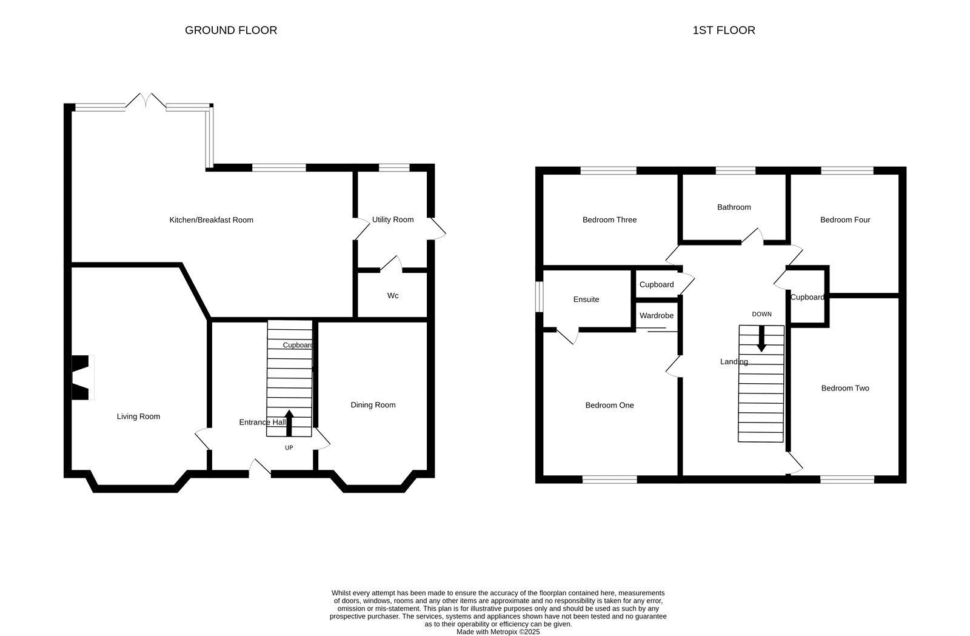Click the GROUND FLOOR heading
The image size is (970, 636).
click(x=231, y=30)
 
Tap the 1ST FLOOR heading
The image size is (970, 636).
click(x=724, y=30)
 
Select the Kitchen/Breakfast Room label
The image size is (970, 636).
click(x=212, y=220)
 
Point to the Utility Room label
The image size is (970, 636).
click(x=393, y=219)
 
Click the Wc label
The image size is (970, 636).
click(x=393, y=296)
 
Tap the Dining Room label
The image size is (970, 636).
click(x=373, y=405)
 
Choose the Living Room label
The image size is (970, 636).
click(x=139, y=417)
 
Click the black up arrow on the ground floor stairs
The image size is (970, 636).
click(x=289, y=423)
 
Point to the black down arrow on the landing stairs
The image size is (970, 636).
click(x=761, y=338)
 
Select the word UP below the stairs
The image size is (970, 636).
click(x=289, y=447)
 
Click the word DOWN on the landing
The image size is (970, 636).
click(x=761, y=314)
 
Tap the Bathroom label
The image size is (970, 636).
click(x=734, y=207)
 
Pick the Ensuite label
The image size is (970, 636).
click(x=586, y=300)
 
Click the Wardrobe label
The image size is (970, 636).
click(x=657, y=316)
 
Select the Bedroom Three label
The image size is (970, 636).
click(x=610, y=220)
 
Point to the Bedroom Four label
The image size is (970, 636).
click(x=845, y=220)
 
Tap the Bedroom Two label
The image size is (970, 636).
click(x=845, y=389)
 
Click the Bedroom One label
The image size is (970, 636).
click(x=610, y=406)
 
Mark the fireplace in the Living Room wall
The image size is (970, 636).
click(x=82, y=378)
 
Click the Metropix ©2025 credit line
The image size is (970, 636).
click(x=498, y=632)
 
